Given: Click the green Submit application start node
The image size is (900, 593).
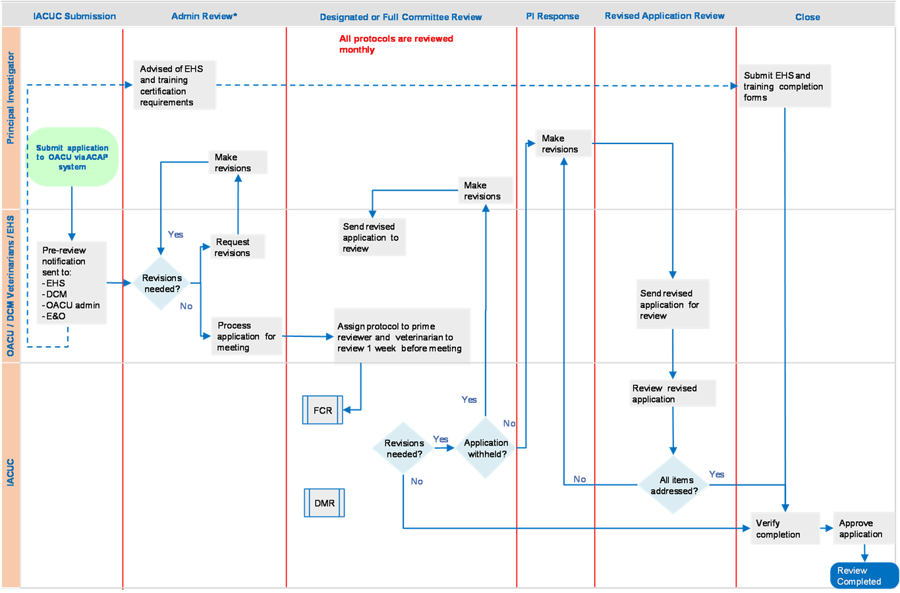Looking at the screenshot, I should pos(72,157).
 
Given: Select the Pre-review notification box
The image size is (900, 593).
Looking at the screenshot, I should pos(71,283).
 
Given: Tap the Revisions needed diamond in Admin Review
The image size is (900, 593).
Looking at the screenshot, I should pos(161,283).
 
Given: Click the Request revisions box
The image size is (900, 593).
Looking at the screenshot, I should pos(238,247).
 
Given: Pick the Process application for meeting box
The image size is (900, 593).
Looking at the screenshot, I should pos(246,336).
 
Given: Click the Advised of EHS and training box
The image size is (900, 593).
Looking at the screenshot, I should pos(175,86).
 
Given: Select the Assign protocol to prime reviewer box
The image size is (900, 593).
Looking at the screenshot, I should pos(402,336).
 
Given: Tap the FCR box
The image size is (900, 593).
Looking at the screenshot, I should pos(323,410).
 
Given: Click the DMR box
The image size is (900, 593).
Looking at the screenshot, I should pos(324,503).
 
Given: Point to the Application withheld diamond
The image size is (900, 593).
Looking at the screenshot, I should pos(486,448).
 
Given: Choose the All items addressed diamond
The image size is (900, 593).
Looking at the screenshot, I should pos(673,485).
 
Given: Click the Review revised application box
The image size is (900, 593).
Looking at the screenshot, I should pos(673,394).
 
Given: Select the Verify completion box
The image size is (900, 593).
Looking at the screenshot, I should pos(785,529).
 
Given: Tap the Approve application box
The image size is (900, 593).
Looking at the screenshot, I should pos(863,529).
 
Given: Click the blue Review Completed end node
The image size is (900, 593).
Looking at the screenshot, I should pos(864,576).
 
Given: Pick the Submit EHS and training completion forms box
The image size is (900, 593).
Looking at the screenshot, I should pos(784,86).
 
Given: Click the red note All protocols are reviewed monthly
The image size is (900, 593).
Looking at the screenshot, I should pos(396,44).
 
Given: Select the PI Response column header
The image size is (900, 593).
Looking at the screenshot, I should pos(552,16).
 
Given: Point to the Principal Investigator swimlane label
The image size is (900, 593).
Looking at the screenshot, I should pos(11,98).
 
